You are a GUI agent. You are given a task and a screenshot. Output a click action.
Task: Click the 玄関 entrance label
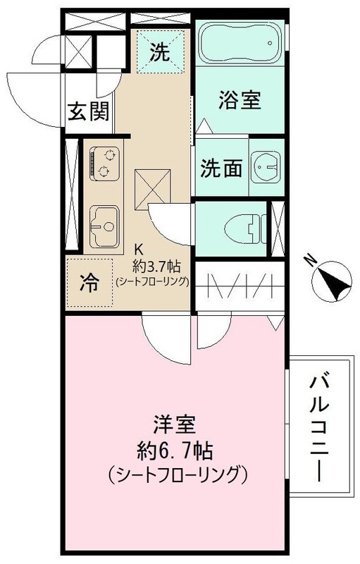pos(88,112)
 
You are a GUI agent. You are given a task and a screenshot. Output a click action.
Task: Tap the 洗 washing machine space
pos(161,51)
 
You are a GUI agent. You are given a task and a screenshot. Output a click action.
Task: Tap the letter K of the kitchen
pos(139,250)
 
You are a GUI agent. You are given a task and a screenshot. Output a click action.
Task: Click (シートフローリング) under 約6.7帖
pos(176,473)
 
